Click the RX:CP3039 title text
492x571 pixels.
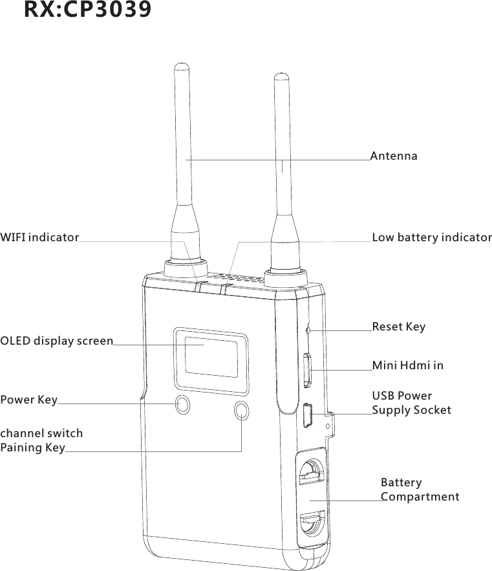(x=88, y=10)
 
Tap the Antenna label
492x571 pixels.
(x=394, y=156)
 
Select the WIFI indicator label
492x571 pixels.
(x=39, y=238)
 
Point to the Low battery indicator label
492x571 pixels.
(x=432, y=238)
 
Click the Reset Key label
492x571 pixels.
(x=398, y=327)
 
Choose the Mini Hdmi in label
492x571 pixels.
(x=407, y=366)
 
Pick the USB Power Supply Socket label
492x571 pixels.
(x=411, y=403)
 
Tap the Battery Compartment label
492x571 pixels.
(x=420, y=490)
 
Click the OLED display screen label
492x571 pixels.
(x=56, y=341)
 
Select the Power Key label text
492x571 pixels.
(x=29, y=400)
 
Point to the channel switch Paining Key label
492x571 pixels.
(x=41, y=440)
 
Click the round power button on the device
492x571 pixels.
(x=184, y=405)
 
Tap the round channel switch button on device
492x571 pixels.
(x=242, y=409)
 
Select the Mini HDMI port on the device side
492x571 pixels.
(x=308, y=370)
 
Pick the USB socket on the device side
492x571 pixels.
(x=308, y=415)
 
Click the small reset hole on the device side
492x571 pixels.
(x=308, y=331)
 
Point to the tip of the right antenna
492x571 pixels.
(x=281, y=76)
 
